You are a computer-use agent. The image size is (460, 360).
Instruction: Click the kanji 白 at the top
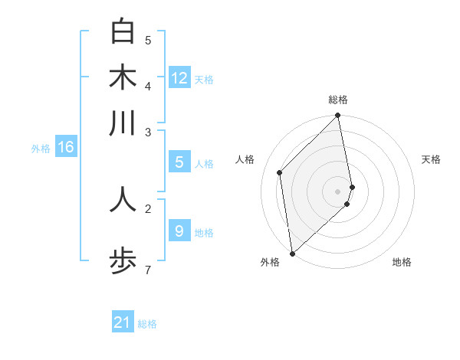tap(123, 32)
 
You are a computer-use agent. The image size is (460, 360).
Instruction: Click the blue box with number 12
tap(179, 78)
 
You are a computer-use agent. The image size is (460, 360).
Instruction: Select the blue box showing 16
tap(66, 147)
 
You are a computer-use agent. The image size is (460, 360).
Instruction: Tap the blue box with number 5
tap(179, 162)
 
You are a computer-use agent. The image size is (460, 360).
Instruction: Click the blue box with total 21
tap(123, 322)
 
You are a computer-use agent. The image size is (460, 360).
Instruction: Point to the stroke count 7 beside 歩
tap(147, 270)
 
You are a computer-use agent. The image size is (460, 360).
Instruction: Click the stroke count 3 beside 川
tap(147, 132)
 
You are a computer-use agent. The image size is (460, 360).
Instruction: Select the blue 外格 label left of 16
tap(41, 149)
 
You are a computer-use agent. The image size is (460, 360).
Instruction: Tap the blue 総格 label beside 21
tap(147, 324)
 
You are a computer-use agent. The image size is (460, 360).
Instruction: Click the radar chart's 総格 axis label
tap(338, 100)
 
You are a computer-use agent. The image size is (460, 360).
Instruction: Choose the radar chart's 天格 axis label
tap(431, 159)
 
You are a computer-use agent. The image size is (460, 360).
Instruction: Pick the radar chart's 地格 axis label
tap(402, 262)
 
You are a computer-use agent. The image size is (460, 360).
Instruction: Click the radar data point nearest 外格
tap(292, 254)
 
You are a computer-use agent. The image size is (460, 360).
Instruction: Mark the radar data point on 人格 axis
tap(280, 172)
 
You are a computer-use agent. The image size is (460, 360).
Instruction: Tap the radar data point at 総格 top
tap(338, 116)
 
